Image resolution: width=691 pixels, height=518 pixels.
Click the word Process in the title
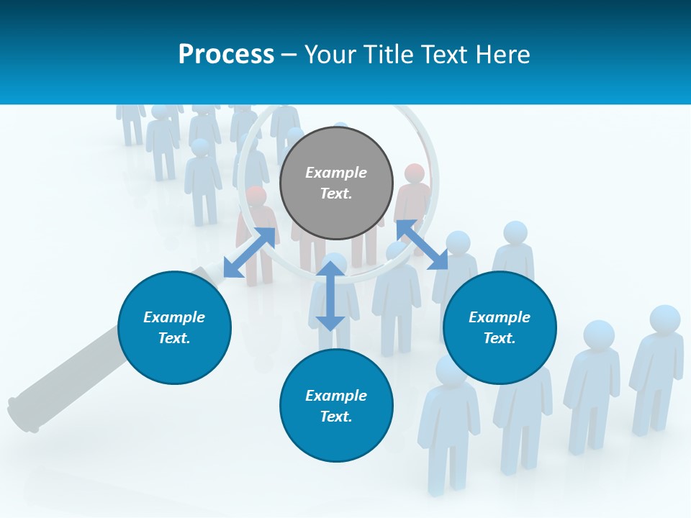226,54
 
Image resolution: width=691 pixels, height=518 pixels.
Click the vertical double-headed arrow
330,296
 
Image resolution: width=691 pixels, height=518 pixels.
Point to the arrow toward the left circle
249,253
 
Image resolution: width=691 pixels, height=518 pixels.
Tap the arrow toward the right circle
422,245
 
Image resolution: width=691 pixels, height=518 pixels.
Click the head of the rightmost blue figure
664,319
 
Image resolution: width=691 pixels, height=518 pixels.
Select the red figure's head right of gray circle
415,173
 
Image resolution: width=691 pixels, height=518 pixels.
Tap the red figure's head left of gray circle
256,195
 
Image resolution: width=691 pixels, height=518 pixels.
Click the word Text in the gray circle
336,194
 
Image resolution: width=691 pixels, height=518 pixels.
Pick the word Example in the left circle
174,317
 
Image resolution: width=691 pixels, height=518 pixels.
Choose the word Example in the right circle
500,317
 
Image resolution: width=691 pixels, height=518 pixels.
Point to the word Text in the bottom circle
336,417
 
